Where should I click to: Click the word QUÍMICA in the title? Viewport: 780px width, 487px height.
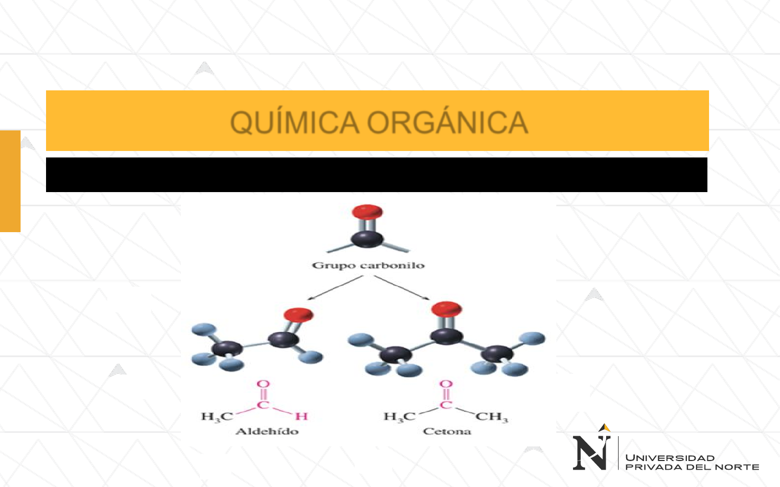point(294,122)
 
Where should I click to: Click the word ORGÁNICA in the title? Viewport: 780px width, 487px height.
point(448,122)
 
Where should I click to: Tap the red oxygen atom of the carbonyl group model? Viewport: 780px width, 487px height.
point(367,212)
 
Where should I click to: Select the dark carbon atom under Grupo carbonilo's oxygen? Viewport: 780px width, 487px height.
point(367,239)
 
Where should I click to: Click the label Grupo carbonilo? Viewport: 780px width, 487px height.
point(368,265)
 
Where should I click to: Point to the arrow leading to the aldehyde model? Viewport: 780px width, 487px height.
point(334,287)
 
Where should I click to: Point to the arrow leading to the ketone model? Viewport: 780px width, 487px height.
point(402,287)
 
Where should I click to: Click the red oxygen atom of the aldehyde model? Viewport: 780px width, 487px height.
point(298,315)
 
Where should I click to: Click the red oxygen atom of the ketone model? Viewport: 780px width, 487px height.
point(446,310)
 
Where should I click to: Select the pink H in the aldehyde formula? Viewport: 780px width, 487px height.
point(302,416)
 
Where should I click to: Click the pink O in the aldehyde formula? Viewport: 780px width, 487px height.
point(263,384)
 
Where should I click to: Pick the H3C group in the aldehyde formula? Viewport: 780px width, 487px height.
point(217,417)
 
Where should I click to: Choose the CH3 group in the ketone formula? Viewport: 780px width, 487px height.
point(492,417)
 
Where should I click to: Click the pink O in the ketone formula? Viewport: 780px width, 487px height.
point(446,384)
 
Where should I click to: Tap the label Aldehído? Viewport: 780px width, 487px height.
point(267,431)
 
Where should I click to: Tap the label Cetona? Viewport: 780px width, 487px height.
point(447,431)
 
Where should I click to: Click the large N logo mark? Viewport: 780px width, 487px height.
point(591,452)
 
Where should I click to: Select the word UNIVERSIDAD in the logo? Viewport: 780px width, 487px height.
point(670,458)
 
